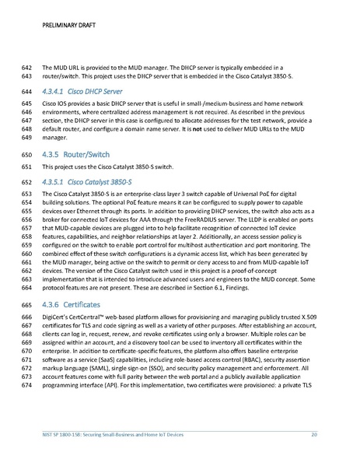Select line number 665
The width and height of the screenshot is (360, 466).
click(26, 304)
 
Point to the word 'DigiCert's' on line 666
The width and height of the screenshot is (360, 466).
click(57, 318)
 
